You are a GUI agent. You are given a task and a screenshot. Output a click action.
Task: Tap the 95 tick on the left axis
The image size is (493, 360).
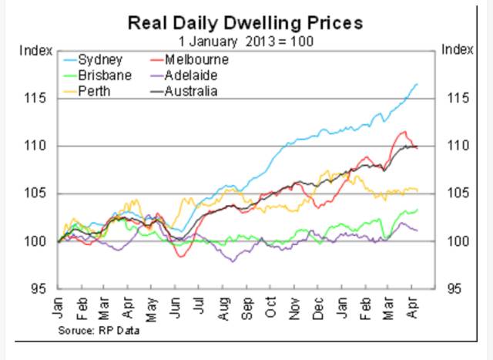[x=42, y=288]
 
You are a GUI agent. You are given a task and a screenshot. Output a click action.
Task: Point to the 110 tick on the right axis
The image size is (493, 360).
[x=454, y=146]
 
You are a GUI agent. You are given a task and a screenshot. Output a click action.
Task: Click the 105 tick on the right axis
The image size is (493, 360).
[x=454, y=193]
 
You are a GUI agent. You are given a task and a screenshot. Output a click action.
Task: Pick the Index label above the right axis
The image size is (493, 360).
[x=458, y=51]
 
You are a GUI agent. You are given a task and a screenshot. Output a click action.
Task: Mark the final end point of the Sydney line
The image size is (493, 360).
[x=418, y=83]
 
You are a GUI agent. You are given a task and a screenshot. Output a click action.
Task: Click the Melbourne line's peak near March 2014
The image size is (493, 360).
[x=401, y=132]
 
